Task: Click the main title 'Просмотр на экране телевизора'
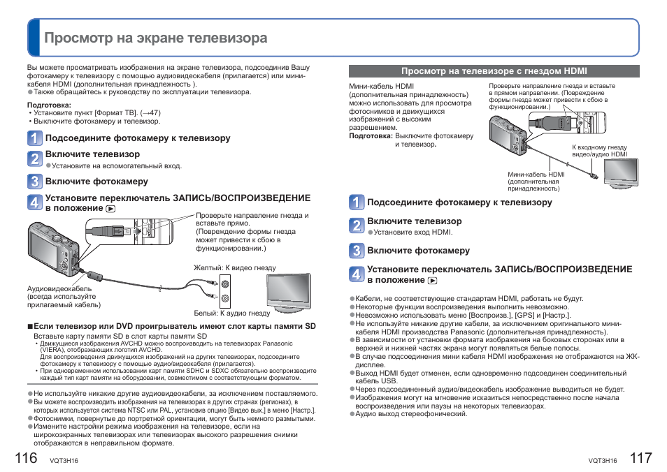(x=155, y=38)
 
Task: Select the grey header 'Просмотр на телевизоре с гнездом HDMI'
(x=494, y=71)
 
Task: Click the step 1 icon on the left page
(x=35, y=138)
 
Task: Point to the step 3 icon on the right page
(x=357, y=251)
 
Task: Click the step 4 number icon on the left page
(x=35, y=202)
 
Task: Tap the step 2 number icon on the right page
(x=357, y=225)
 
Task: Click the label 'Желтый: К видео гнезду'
(x=234, y=268)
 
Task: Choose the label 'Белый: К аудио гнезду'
(x=231, y=314)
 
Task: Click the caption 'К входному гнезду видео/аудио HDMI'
(x=599, y=152)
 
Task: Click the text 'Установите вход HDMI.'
(x=413, y=233)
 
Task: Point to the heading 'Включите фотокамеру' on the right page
(x=418, y=251)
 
